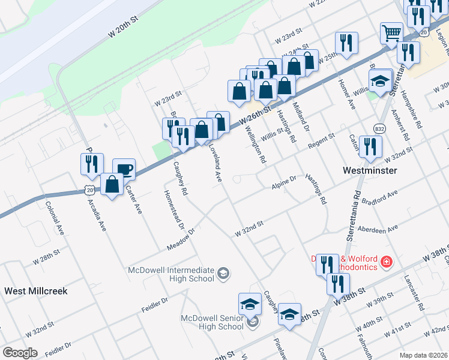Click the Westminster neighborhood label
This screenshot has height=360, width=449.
pos(370,170)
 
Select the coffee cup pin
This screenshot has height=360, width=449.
pos(124,169)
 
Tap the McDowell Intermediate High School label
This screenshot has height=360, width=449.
pos(171,274)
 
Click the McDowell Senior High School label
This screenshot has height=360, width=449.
pos(213,322)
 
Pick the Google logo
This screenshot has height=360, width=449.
pos(20,352)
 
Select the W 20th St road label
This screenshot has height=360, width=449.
pos(124,28)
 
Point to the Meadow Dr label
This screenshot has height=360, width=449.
pos(182,239)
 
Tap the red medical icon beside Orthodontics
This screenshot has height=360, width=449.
pos(387,262)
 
